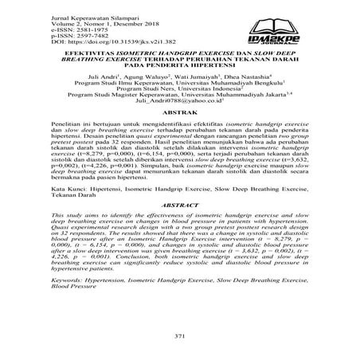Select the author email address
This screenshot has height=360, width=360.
[179, 123]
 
